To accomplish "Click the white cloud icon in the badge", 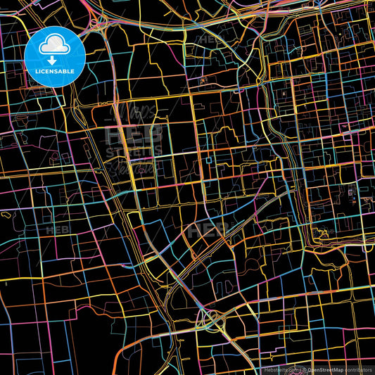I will [54, 46].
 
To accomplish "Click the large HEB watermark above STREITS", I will [134, 133].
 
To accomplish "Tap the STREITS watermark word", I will [134, 151].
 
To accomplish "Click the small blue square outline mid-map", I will [209, 160].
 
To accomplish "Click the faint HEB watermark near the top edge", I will [212, 39].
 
